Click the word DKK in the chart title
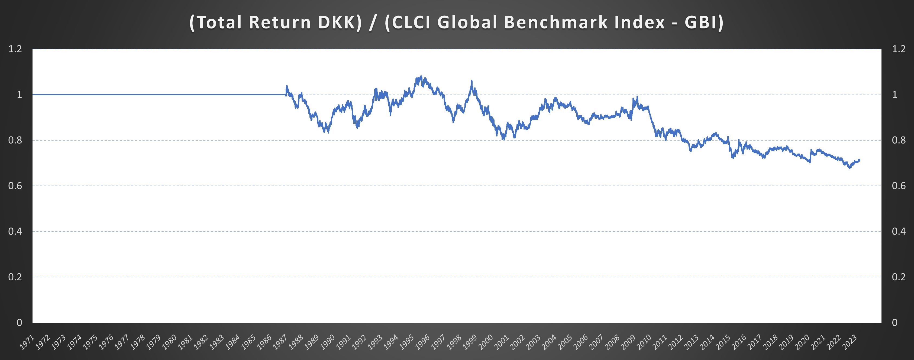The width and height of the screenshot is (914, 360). [x=340, y=22]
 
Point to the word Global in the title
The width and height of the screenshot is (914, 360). [x=468, y=22]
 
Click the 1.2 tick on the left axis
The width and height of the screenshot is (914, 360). [x=15, y=49]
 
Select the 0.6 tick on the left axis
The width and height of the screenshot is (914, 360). [x=15, y=186]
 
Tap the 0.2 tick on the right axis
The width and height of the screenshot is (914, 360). [x=899, y=277]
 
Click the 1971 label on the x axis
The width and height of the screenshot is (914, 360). [x=27, y=342]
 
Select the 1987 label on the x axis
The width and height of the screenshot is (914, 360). [x=280, y=342]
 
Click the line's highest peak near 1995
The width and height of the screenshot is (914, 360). [x=421, y=76]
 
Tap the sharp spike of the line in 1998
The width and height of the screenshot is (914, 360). [x=471, y=81]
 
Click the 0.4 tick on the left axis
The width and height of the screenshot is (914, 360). [x=15, y=232]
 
